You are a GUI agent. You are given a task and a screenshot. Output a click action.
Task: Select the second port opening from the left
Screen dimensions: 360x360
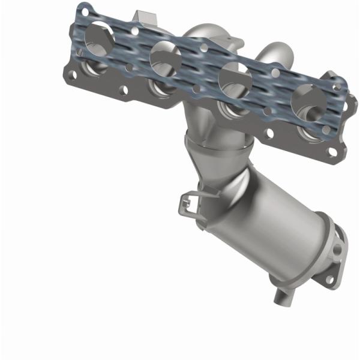pos(165,57)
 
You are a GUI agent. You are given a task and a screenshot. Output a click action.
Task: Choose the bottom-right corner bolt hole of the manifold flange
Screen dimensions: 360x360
pos(331,152)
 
